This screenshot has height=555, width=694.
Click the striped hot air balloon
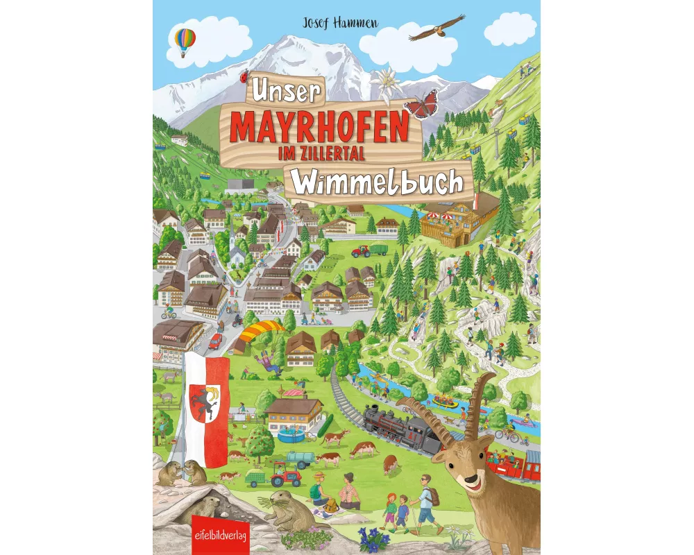tap(185, 40)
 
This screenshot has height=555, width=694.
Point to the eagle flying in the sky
tap(437, 27)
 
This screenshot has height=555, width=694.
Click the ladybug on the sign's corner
tap(244, 78)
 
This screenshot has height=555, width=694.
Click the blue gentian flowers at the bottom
tap(371, 535)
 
